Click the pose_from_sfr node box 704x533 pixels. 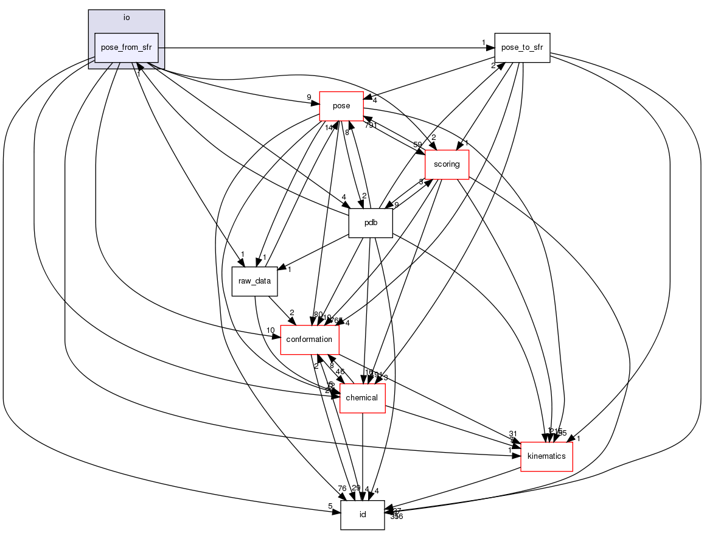[x=126, y=47]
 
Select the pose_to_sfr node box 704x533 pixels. [x=522, y=47]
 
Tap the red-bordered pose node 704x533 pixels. [x=341, y=106]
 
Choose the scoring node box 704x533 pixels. [x=447, y=164]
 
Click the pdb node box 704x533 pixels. [x=371, y=223]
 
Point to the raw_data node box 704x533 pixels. [x=255, y=281]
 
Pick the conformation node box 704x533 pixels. [x=309, y=340]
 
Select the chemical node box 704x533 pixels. [x=362, y=398]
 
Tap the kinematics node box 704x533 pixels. [x=546, y=456]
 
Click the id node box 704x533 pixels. [x=362, y=515]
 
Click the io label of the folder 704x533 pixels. [x=126, y=18]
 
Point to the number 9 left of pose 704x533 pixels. [x=309, y=97]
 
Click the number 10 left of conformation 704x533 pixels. [x=271, y=330]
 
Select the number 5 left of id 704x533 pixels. [x=330, y=506]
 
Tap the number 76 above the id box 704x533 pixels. [x=342, y=488]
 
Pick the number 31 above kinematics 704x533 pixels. [x=512, y=434]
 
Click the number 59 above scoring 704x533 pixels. [x=418, y=145]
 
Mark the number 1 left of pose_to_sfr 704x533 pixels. [x=484, y=43]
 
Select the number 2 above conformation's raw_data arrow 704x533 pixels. [x=291, y=312]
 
